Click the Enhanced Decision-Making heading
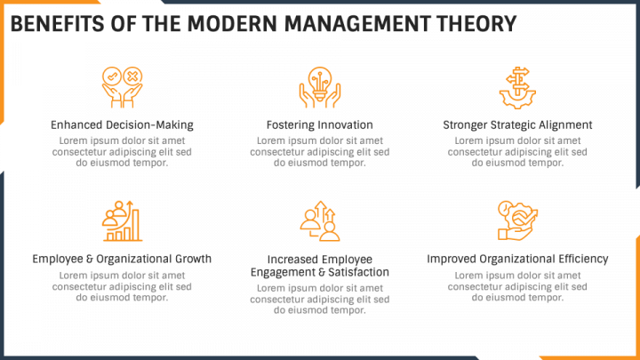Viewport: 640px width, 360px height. click(x=122, y=124)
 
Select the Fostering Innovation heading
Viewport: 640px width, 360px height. click(x=320, y=124)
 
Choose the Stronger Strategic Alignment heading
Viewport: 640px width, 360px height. click(x=517, y=124)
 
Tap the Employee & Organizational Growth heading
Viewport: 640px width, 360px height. click(x=122, y=259)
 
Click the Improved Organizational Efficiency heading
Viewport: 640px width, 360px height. click(x=517, y=259)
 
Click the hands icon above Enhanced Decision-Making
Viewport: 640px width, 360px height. click(x=122, y=87)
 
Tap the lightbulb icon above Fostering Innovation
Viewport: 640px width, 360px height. click(x=320, y=87)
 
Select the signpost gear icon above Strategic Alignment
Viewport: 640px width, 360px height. click(x=517, y=87)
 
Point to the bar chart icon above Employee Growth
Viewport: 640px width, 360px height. click(x=122, y=221)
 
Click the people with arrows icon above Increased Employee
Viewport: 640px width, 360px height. click(x=320, y=221)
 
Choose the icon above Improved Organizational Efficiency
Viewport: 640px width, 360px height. click(x=517, y=221)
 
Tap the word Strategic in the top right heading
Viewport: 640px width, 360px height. click(x=510, y=124)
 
